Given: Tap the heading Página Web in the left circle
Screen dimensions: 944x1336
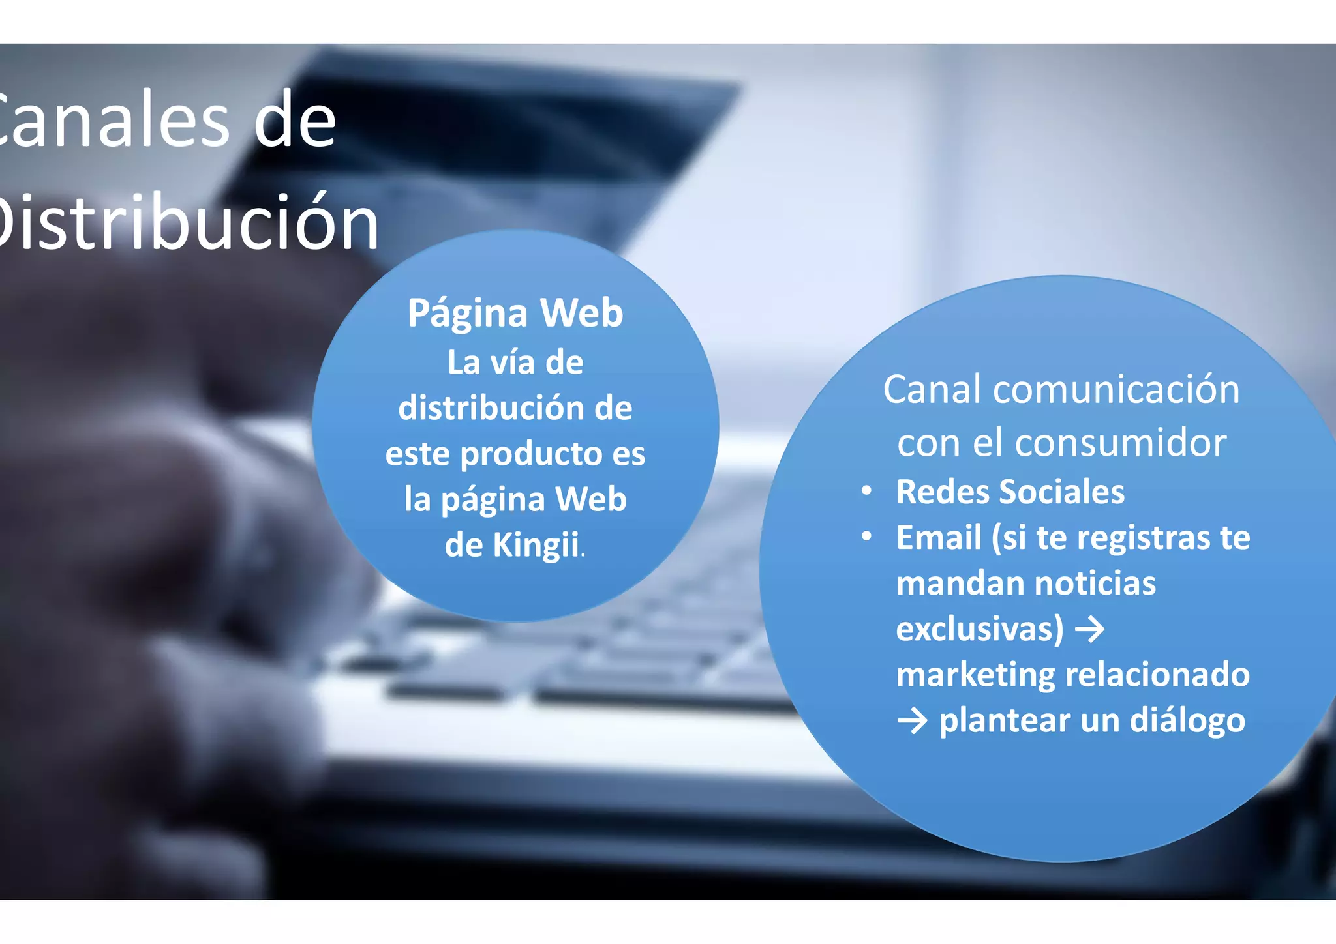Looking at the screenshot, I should coord(515,313).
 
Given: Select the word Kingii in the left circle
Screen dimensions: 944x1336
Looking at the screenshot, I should coord(536,545).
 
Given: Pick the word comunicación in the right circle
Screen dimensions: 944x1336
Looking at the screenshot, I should coord(1116,390).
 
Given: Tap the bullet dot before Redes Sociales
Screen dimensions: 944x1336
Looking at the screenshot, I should coord(866,491).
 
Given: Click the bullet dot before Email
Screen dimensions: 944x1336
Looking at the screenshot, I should coord(866,537).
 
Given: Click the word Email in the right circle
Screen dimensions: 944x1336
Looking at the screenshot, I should coord(939,538).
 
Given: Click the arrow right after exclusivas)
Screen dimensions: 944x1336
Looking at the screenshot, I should coord(1089,630).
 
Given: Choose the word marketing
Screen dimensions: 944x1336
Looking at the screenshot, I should coord(975,675).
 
